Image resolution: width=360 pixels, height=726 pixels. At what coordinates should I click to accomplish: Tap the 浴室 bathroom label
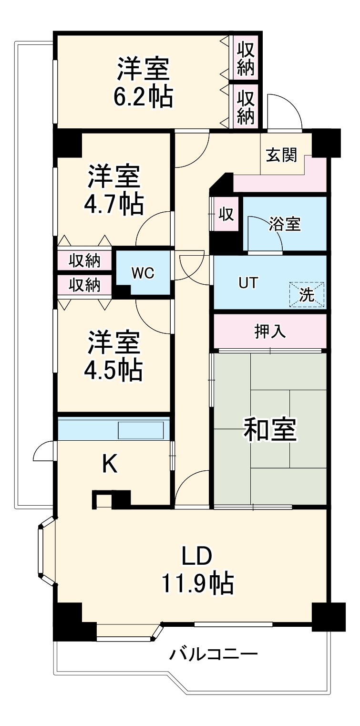coord(285,224)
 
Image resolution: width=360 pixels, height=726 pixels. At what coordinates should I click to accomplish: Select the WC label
coord(143,273)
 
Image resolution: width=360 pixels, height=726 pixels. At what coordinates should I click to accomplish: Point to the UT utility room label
coord(248,282)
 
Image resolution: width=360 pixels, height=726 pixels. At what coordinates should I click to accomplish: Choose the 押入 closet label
coord(270,332)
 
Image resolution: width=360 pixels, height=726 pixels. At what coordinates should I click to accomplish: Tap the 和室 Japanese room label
coord(270,429)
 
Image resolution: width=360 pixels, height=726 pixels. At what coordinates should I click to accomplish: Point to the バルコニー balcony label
coord(214,653)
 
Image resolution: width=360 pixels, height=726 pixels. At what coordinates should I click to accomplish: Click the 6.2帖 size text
coord(143,97)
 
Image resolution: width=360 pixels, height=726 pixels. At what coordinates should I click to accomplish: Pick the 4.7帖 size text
coord(113,204)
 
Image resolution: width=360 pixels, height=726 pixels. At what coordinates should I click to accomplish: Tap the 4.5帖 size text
coord(113,369)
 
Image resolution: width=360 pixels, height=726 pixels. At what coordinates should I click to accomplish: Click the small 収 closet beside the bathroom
coord(226,215)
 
